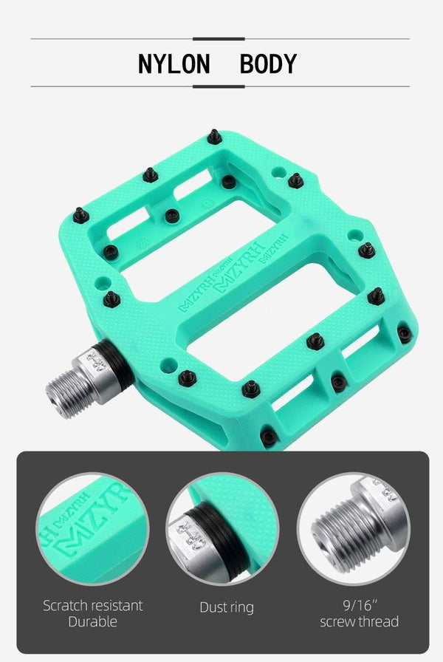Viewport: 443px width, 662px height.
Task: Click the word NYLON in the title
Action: tap(174, 64)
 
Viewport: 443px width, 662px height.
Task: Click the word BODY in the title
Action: tap(268, 64)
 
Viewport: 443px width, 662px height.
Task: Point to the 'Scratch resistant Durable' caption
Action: tap(93, 613)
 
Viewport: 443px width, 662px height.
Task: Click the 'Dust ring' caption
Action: tap(227, 607)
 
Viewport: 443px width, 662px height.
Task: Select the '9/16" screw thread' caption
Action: tap(360, 613)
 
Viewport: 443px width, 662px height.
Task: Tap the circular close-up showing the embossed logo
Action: tap(92, 529)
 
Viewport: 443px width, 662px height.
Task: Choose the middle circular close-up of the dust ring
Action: tap(222, 529)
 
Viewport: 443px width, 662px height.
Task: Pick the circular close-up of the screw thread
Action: tap(354, 529)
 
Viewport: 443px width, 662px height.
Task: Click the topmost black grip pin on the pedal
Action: tap(214, 137)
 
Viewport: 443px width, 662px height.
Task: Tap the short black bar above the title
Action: tap(218, 38)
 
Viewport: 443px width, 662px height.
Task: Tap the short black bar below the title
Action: tap(218, 86)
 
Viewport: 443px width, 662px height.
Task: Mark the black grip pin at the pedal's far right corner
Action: tap(404, 334)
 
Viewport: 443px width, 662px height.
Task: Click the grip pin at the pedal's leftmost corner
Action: tap(80, 215)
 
